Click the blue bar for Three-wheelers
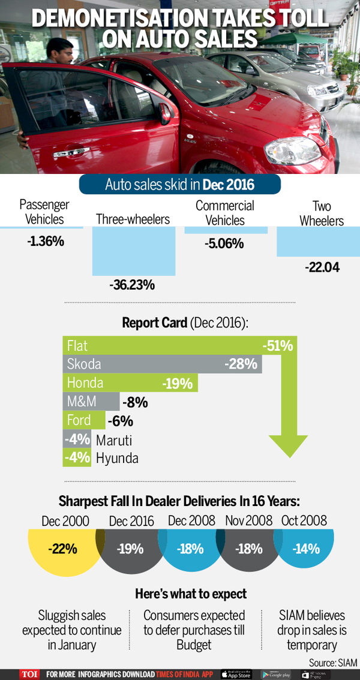point(134,252)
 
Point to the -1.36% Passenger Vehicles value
point(46,242)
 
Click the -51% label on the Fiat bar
point(277,346)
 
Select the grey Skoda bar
point(162,364)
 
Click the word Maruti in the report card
point(114,440)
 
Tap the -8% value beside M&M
point(134,402)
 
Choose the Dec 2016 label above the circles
point(132,520)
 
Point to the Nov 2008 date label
point(247,520)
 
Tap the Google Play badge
point(276,674)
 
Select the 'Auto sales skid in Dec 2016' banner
point(180,184)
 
